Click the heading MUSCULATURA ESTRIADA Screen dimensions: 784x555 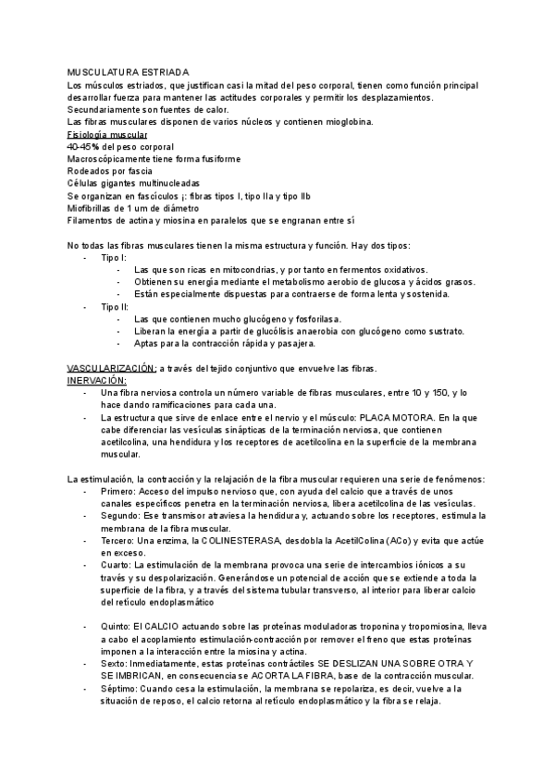pyautogui.click(x=129, y=71)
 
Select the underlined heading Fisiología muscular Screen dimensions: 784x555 pyautogui.click(x=107, y=134)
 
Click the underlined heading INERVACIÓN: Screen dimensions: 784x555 pyautogui.click(x=97, y=380)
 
